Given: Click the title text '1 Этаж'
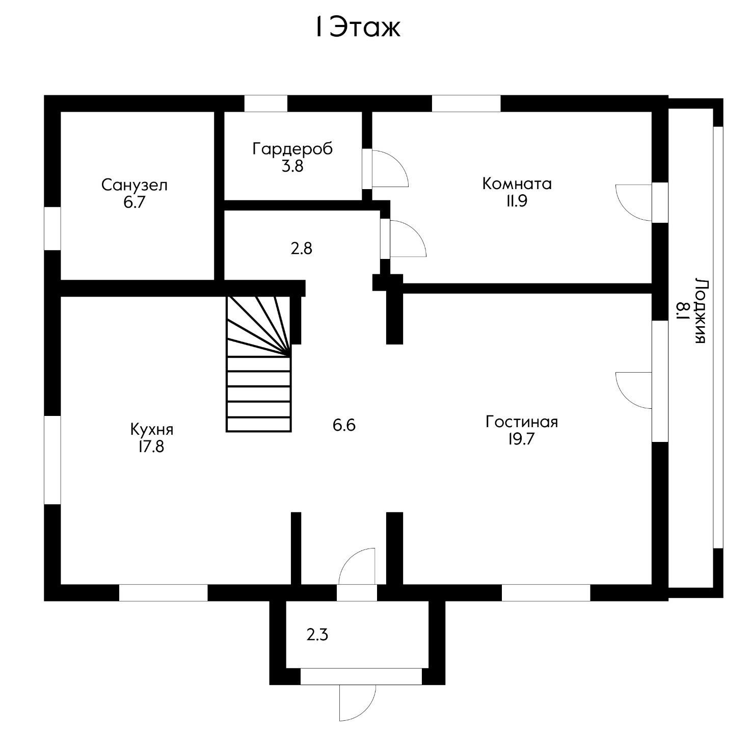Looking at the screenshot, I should (357, 28).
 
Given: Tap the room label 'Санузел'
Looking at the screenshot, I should (134, 185).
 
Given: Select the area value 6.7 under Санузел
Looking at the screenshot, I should (134, 202).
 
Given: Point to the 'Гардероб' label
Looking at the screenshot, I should (292, 149).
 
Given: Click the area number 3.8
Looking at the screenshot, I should (292, 166).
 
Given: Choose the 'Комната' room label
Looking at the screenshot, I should (517, 184).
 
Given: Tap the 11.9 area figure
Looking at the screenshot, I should (517, 201).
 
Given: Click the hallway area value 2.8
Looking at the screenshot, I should (301, 249).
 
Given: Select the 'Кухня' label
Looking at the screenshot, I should (151, 429).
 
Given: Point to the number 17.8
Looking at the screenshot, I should (151, 447).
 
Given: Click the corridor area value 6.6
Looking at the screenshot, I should (344, 425).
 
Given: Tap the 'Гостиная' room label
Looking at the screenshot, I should (521, 422).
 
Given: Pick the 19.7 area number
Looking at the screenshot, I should (521, 439).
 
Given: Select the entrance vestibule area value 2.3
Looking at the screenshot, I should (317, 635).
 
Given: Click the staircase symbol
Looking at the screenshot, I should (259, 364).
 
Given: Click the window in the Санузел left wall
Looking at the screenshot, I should (52, 228).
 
